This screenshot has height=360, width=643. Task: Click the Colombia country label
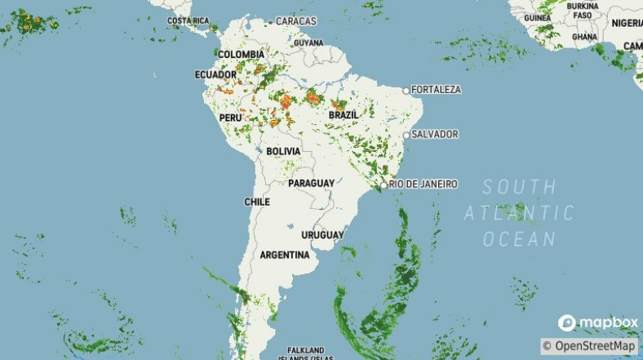click(x=241, y=55)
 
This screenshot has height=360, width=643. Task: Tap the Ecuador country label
click(x=215, y=74)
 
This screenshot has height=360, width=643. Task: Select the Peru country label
click(x=231, y=118)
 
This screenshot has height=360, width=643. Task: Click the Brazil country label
click(x=343, y=115)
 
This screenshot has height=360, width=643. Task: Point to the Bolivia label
click(x=283, y=152)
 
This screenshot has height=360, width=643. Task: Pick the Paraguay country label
click(x=311, y=183)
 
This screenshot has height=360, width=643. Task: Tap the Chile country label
click(x=257, y=202)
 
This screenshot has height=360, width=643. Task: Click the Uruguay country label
click(x=322, y=235)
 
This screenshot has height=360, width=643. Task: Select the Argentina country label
click(x=284, y=255)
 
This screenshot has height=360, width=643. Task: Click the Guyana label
click(x=308, y=42)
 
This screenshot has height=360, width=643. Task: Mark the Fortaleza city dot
click(x=406, y=90)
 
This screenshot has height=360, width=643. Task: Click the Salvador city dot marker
click(x=406, y=135)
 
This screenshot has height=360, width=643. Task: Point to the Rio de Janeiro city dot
click(x=384, y=185)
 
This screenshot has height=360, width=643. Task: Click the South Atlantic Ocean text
click(x=519, y=213)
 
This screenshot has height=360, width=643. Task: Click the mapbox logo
click(x=598, y=322)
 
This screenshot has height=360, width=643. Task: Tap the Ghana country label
click(x=584, y=37)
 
